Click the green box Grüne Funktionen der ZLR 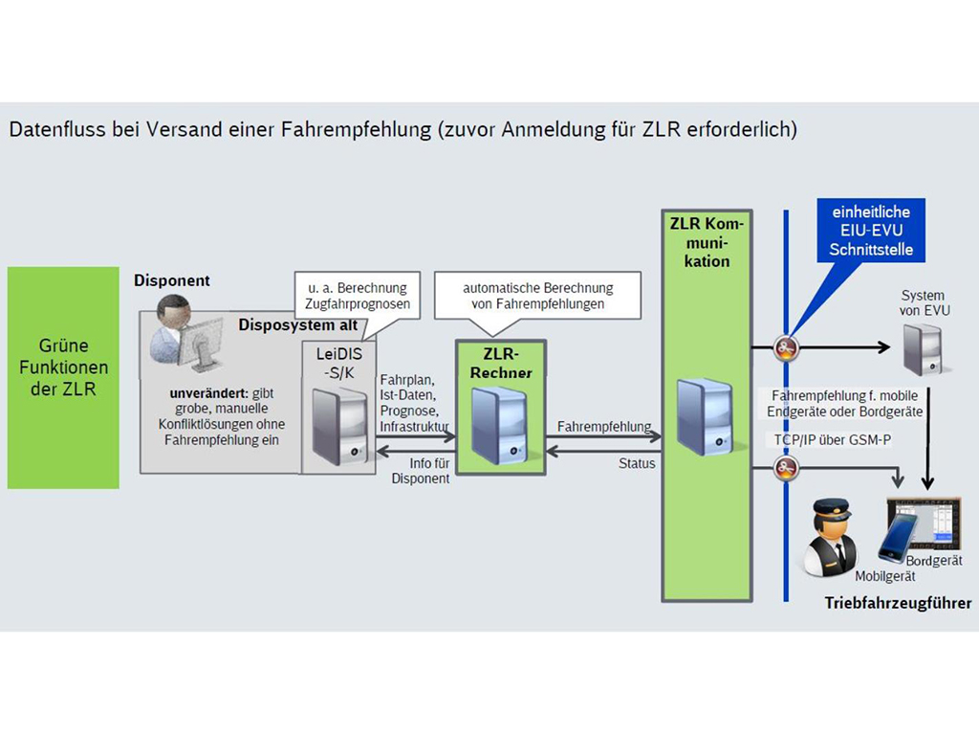63,377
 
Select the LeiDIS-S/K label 338,362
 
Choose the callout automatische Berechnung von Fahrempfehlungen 537,296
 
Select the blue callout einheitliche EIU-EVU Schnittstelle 871,231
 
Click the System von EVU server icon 922,346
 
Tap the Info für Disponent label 420,472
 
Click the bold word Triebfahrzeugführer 898,603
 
